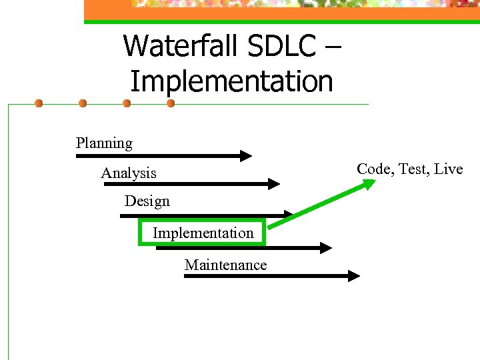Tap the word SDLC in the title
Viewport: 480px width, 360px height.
coord(273,46)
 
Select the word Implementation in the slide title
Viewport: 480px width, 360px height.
coord(231,81)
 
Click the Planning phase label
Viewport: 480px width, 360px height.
coord(104,143)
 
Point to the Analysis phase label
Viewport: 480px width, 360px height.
coord(129,173)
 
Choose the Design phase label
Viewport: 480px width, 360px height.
coord(147,201)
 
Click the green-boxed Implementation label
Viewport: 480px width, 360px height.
coord(203,233)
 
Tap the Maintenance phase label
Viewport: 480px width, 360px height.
coord(225,265)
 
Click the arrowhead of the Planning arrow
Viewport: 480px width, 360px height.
coord(246,156)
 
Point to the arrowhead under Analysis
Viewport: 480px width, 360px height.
coord(274,183)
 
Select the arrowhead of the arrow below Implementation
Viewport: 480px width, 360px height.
coord(326,248)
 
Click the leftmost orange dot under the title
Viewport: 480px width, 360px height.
coord(39,103)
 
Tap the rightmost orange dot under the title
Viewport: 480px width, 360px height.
coord(171,103)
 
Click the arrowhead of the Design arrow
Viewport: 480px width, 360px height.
coord(287,215)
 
